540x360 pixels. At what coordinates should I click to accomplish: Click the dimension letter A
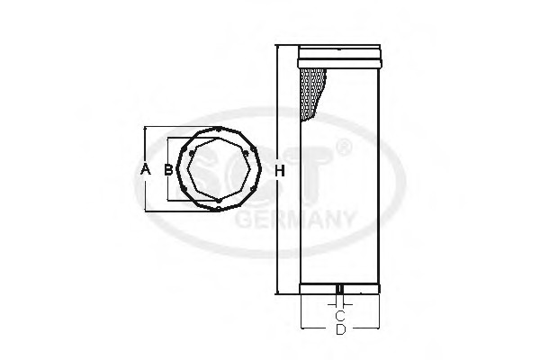tap(146, 169)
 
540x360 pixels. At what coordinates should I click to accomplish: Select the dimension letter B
tap(168, 169)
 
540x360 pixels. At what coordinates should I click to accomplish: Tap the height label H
tap(280, 170)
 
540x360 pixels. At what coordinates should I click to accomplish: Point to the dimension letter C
tap(340, 315)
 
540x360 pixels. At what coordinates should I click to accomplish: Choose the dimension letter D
tap(340, 329)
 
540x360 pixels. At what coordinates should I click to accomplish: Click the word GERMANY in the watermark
tap(295, 219)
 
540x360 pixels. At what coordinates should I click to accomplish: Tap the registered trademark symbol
tap(344, 148)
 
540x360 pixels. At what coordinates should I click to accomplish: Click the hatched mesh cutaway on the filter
tap(312, 94)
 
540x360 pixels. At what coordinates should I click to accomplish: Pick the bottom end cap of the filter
tap(339, 289)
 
